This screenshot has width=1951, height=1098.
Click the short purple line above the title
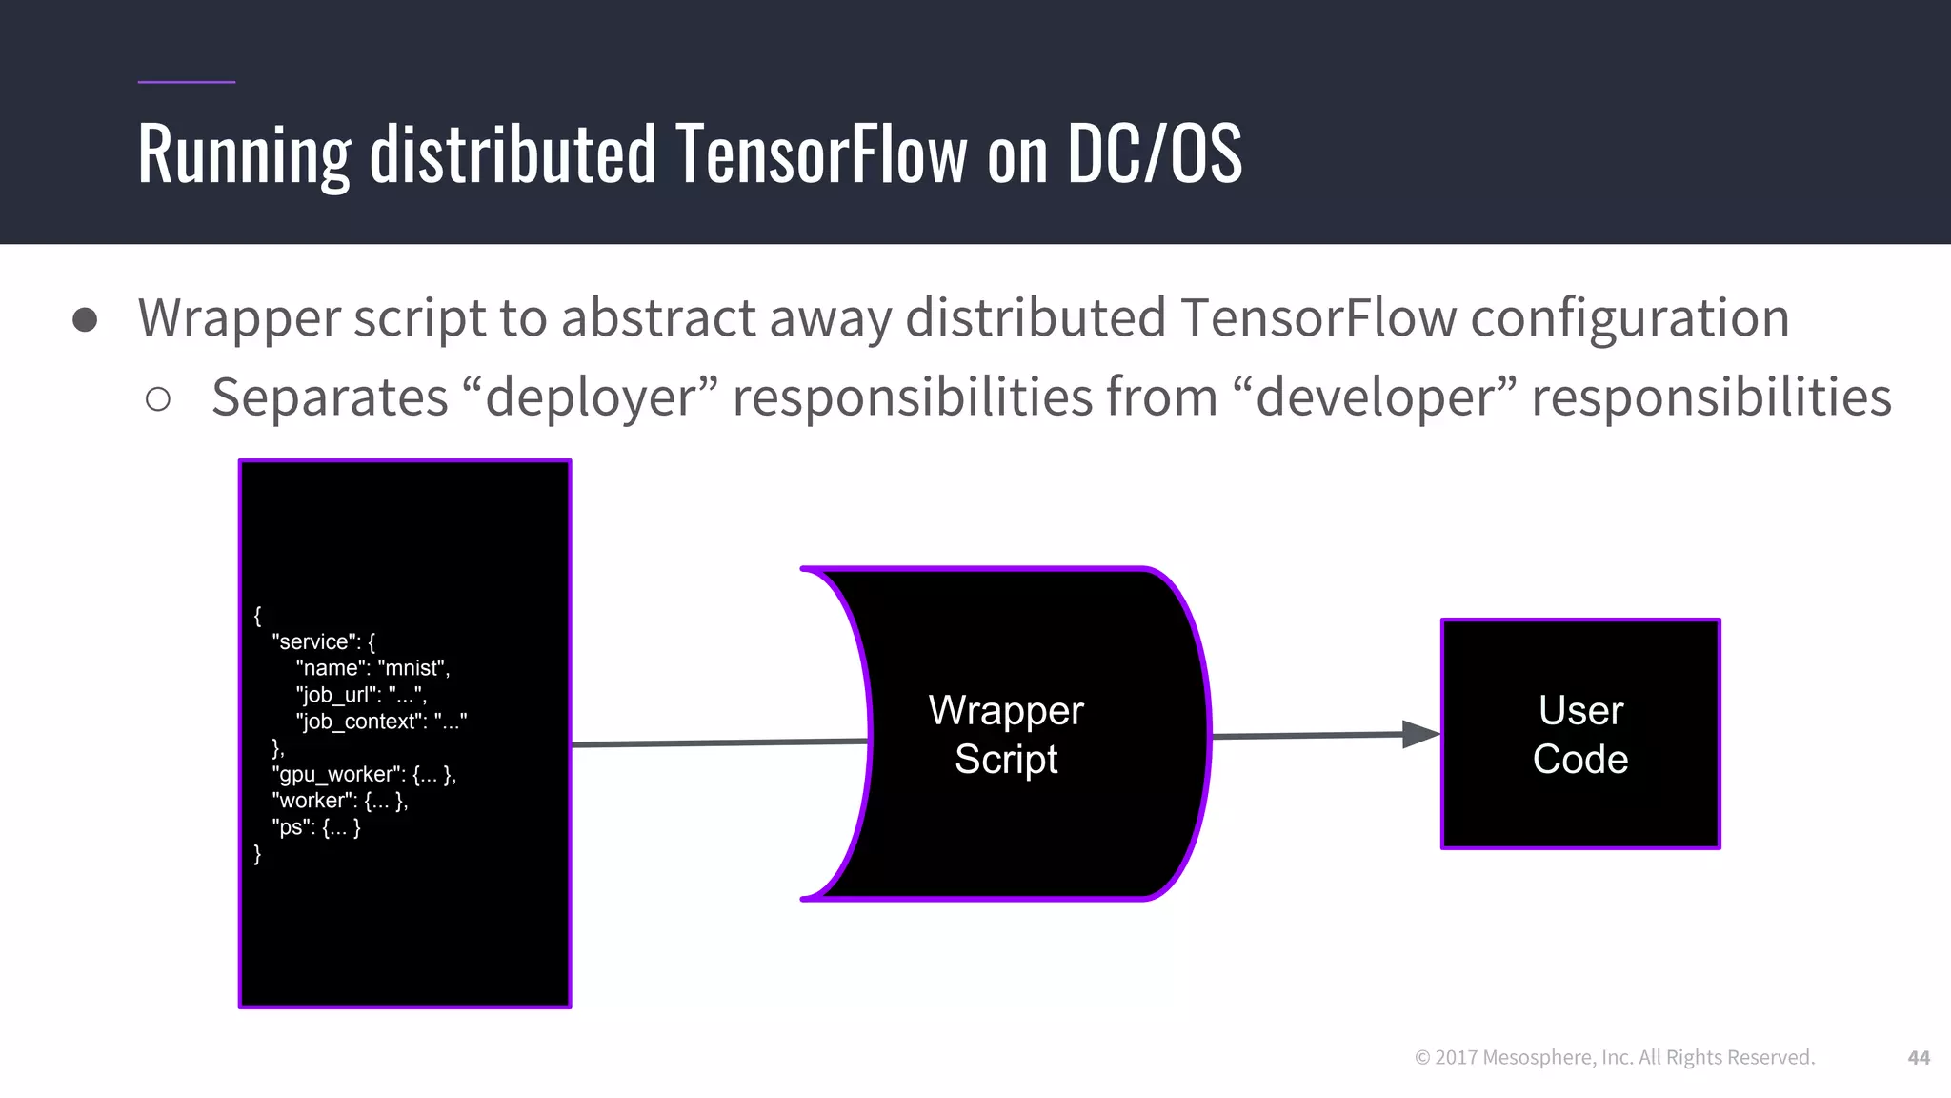coord(186,82)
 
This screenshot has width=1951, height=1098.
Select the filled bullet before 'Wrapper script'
coord(85,320)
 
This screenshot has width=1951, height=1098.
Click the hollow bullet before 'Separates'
coord(158,399)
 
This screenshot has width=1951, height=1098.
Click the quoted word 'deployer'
coord(590,397)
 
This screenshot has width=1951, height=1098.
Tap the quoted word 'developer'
coord(1373,397)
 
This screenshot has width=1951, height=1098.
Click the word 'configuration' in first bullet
coord(1629,318)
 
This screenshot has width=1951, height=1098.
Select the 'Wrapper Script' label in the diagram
coord(1006,734)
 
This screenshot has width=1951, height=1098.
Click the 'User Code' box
coord(1579,734)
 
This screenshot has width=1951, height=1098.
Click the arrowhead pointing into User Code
coord(1420,734)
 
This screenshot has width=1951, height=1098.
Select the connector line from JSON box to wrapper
coord(719,742)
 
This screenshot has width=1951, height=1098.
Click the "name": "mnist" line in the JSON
coord(372,668)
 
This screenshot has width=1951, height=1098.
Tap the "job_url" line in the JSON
coord(361,695)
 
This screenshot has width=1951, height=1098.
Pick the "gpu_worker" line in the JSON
coord(364,774)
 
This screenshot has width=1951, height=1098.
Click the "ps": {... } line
coord(316,827)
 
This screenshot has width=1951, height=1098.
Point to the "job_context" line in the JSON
coord(381,722)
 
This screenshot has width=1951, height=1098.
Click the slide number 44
coord(1918,1057)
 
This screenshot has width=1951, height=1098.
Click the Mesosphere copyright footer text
coord(1615,1057)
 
